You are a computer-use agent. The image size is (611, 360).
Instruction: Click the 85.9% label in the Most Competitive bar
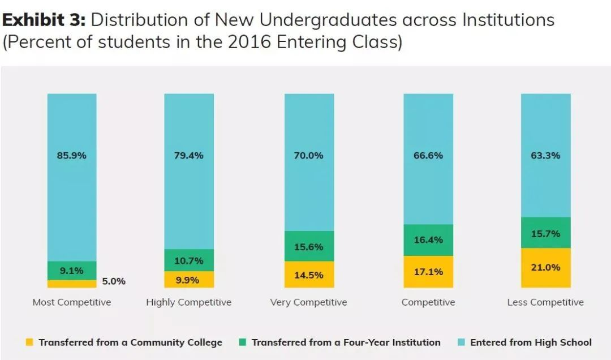[x=72, y=155]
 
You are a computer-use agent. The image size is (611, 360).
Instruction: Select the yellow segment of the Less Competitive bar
[x=545, y=268]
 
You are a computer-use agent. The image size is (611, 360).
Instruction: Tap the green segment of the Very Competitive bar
[x=309, y=246]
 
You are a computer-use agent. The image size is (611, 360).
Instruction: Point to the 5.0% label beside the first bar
[x=114, y=281]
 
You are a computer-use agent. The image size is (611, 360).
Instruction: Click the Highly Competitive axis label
[x=189, y=302]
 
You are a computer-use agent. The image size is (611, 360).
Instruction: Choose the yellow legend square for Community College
[x=29, y=342]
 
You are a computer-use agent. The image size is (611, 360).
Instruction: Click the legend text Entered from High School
[x=531, y=342]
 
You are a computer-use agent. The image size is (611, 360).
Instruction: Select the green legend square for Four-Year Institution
[x=242, y=342]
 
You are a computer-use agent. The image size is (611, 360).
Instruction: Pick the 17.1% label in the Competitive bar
[x=428, y=272]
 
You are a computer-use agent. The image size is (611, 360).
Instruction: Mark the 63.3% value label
[x=545, y=155]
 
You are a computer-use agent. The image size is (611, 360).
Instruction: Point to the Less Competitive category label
[x=545, y=302]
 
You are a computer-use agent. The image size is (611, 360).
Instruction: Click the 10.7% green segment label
[x=189, y=261]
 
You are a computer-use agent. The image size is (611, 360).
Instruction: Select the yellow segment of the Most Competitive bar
[x=72, y=284]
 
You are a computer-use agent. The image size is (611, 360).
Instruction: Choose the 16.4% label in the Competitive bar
[x=428, y=240]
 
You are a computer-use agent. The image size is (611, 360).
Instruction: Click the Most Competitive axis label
[x=72, y=302]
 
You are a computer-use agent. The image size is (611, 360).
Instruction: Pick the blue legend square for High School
[x=461, y=342]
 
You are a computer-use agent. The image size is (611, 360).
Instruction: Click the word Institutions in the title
[x=509, y=20]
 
